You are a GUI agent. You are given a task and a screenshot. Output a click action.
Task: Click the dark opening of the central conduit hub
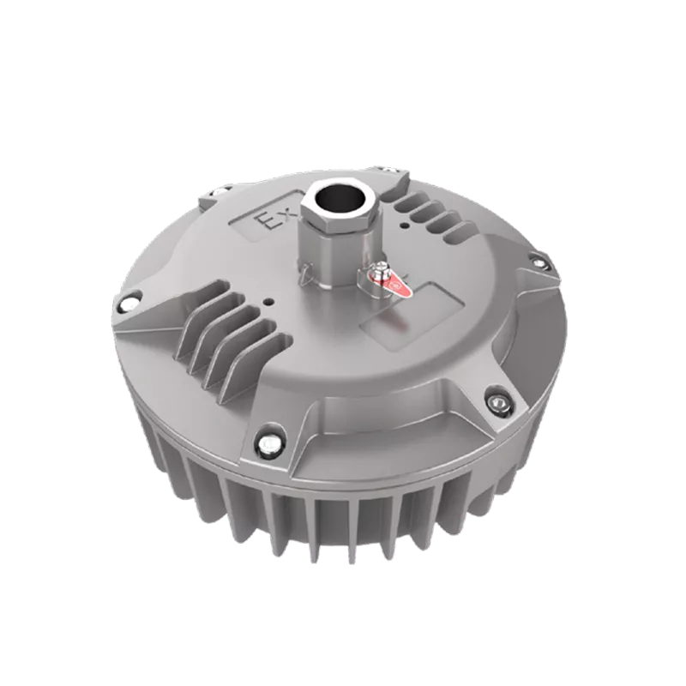pyautogui.click(x=340, y=199)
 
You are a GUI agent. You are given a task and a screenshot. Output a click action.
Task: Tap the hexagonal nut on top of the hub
pyautogui.click(x=340, y=208)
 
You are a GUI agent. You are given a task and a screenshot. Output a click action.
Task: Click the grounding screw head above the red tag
pyautogui.click(x=382, y=266)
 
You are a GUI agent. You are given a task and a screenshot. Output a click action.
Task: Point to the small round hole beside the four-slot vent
pyautogui.click(x=406, y=226)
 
